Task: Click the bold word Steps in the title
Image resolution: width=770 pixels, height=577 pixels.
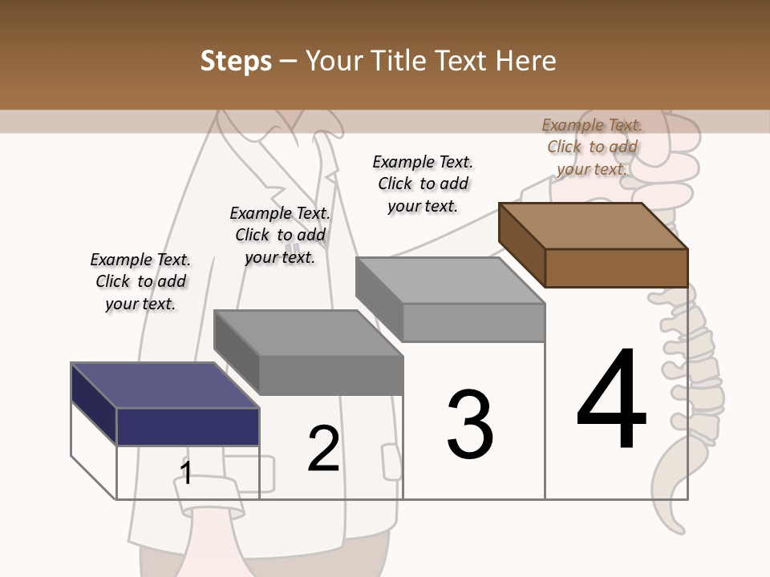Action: [236, 61]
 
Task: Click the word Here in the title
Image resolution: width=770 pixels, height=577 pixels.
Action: [525, 61]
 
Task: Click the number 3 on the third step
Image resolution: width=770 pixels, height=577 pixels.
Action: [470, 425]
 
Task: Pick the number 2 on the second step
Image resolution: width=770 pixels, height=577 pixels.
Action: [323, 449]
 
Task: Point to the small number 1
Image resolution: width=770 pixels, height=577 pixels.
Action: [186, 473]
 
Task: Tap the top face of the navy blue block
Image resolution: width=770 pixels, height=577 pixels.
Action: [164, 385]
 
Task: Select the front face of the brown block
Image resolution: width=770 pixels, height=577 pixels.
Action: [616, 268]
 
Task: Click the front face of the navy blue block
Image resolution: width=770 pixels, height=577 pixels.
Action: [188, 426]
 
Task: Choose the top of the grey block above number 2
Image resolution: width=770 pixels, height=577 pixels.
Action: [308, 332]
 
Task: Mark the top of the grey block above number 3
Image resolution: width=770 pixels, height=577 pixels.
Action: [449, 280]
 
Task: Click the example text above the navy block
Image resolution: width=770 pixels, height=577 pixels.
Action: [140, 282]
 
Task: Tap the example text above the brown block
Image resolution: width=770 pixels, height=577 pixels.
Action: [592, 147]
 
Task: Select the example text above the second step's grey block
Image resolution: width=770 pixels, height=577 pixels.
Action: [280, 236]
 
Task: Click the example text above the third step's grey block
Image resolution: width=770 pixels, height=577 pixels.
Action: [423, 184]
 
